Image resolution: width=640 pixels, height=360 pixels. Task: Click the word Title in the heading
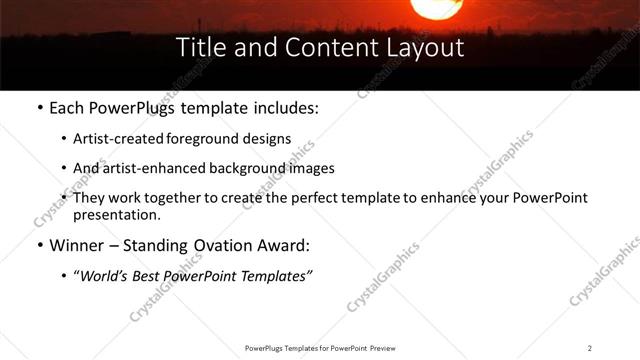pyautogui.click(x=199, y=48)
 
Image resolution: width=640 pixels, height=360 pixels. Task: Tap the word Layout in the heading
pyautogui.click(x=425, y=48)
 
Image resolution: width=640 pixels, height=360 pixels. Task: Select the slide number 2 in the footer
pyautogui.click(x=590, y=348)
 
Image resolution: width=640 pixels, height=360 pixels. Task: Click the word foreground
pyautogui.click(x=214, y=139)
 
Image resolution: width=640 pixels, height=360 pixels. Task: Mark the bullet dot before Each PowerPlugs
pyautogui.click(x=39, y=107)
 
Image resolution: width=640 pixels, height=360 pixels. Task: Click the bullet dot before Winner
pyautogui.click(x=39, y=245)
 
